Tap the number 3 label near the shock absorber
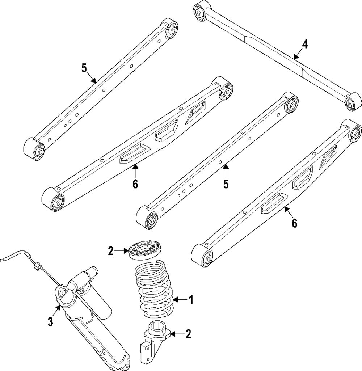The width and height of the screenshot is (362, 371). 51,321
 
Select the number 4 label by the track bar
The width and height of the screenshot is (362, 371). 305,44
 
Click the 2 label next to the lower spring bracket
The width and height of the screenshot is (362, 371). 188,334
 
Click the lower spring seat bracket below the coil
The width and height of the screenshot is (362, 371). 154,338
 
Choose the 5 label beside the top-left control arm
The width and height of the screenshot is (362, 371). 84,68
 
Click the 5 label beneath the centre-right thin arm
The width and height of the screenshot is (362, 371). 226,184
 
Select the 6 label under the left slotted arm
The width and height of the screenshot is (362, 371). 135,184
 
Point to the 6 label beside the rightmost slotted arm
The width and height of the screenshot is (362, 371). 294,223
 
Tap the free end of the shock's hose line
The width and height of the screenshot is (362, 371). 3,259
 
